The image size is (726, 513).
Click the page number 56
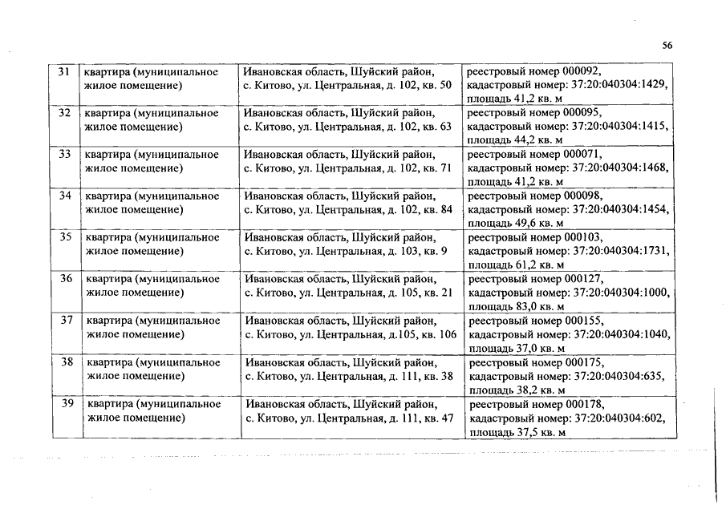tap(667, 46)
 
